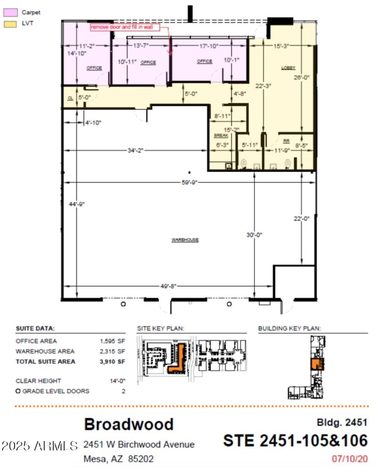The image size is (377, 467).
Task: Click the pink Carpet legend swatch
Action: coord(11,13)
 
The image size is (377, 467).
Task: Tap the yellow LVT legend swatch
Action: coord(11,23)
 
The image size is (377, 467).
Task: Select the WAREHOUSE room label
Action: coord(185,240)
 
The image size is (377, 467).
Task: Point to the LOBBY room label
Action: coord(288,68)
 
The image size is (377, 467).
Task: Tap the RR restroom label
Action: coord(286,141)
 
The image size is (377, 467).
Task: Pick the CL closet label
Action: coord(69,98)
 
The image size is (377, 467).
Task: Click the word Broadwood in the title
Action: coord(128,424)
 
